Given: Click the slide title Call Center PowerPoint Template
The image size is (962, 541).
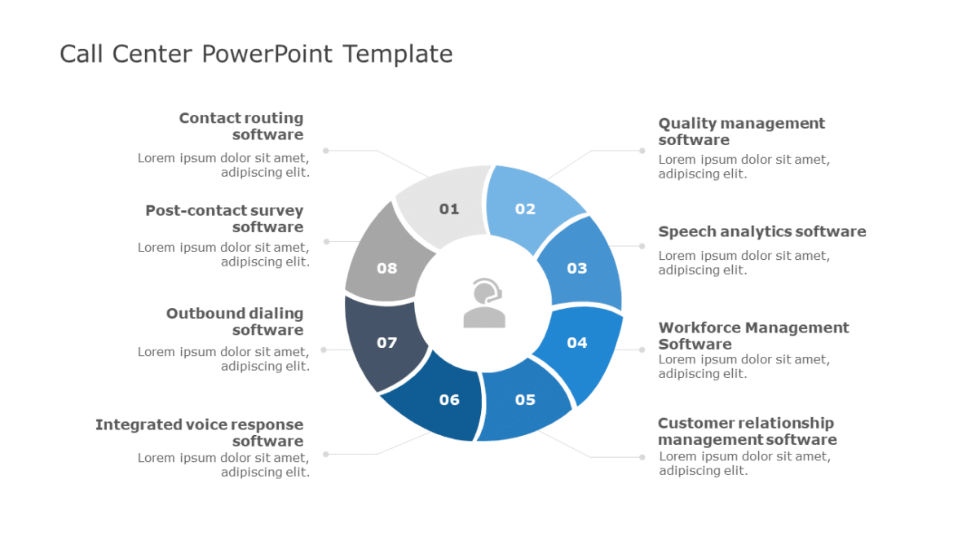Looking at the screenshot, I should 256,54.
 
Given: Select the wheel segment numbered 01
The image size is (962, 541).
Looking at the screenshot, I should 448,209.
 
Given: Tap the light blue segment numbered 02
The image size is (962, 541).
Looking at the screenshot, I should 527,209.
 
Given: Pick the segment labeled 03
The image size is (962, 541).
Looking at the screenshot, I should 577,267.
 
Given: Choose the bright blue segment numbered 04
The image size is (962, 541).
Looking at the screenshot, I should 577,342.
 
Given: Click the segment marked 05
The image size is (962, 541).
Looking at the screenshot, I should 526,399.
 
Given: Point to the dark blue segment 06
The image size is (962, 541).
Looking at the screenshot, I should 449,399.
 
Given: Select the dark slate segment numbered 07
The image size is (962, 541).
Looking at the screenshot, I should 386,342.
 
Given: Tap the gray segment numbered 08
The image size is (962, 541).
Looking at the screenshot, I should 386,267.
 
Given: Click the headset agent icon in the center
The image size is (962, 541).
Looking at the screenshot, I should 484,303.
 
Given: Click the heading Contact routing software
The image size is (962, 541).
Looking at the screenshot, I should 241,126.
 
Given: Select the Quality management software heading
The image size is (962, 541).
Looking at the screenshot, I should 741,131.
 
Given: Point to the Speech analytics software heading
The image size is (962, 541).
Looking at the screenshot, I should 761,231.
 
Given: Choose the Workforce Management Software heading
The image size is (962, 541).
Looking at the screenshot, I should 753,336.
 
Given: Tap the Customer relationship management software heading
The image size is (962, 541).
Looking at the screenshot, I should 747,431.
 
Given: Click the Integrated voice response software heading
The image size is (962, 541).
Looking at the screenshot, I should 200,433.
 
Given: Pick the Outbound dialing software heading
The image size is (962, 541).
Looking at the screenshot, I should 235,321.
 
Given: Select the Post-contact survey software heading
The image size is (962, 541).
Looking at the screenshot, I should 224,218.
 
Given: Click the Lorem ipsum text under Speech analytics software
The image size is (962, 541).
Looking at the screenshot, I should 744,262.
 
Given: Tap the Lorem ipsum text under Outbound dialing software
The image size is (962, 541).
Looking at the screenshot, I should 223,358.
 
